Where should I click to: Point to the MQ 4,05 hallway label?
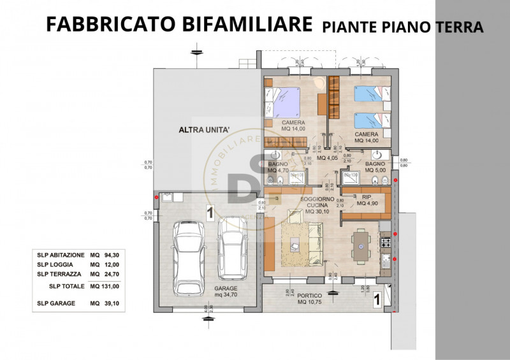(326, 158)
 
